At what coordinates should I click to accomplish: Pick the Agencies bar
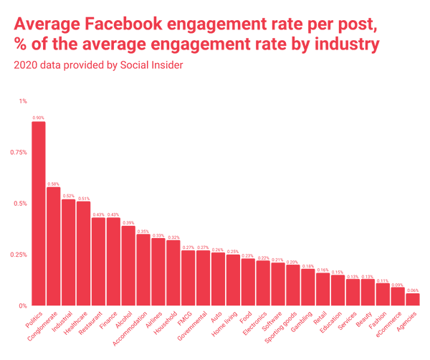click(413, 299)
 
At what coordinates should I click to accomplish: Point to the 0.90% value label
click(38, 118)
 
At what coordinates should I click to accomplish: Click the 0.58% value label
click(53, 183)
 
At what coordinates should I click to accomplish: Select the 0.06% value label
click(413, 289)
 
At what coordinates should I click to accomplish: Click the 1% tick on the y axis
click(23, 101)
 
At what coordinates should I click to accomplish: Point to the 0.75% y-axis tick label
click(18, 152)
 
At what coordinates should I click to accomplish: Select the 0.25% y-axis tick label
click(18, 255)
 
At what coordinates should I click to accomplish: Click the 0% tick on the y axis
click(23, 305)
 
